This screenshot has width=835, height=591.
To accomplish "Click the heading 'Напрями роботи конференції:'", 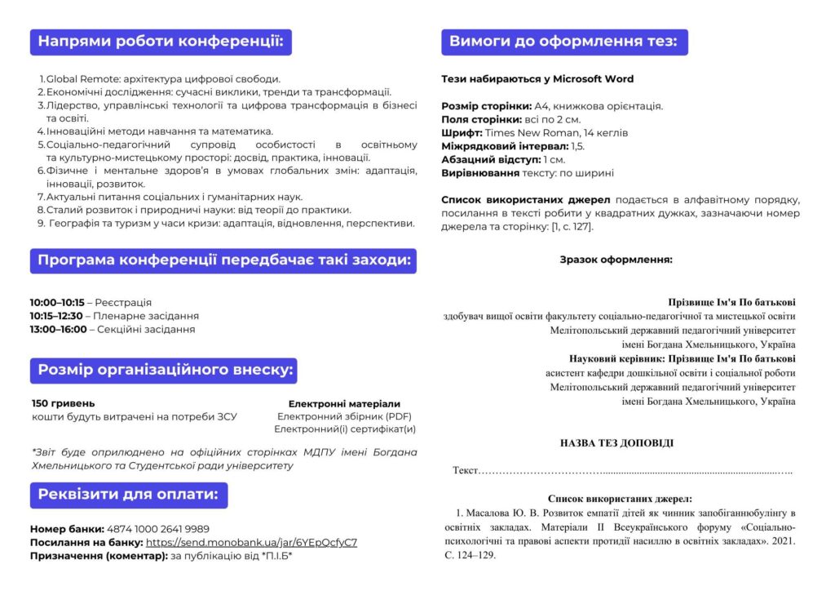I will [161, 42].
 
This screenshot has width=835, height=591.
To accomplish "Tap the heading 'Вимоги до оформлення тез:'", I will [562, 42].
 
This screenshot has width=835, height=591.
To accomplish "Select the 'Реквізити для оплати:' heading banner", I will [128, 495].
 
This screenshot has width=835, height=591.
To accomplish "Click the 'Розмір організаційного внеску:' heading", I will [163, 370].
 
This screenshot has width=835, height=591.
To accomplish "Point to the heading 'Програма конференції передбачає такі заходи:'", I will [223, 260].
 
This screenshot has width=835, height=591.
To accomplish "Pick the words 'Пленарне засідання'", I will [146, 316].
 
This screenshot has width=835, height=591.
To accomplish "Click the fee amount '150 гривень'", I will [63, 403].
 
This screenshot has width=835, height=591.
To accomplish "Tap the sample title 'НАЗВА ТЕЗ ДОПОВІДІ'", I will [616, 443].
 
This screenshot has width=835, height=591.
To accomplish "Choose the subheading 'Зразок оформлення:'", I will [616, 260].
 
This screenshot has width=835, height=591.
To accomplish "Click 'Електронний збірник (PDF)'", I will [344, 416].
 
